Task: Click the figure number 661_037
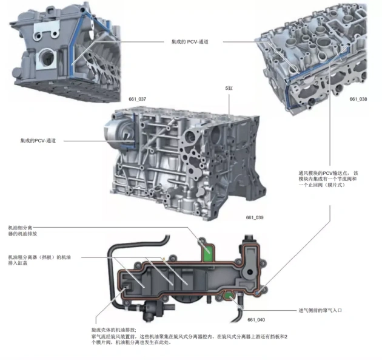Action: pyautogui.click(x=138, y=99)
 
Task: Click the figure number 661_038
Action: pyautogui.click(x=358, y=99)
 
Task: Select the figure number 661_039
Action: pyautogui.click(x=255, y=217)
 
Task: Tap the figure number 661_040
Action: pyautogui.click(x=256, y=319)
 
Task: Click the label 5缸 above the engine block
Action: pyautogui.click(x=229, y=88)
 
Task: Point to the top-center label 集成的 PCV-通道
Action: pyautogui.click(x=190, y=42)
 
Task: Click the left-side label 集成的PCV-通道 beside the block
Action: pyautogui.click(x=38, y=141)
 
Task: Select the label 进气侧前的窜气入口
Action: pyautogui.click(x=320, y=310)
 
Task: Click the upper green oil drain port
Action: pyautogui.click(x=208, y=251)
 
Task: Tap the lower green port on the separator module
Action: pyautogui.click(x=229, y=296)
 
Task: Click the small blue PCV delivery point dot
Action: pyautogui.click(x=258, y=292)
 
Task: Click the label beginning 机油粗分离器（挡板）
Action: pyautogui.click(x=39, y=260)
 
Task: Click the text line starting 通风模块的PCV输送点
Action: pyautogui.click(x=329, y=173)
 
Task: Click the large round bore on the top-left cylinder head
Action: pyautogui.click(x=47, y=58)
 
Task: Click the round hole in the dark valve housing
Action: pyautogui.click(x=250, y=272)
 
